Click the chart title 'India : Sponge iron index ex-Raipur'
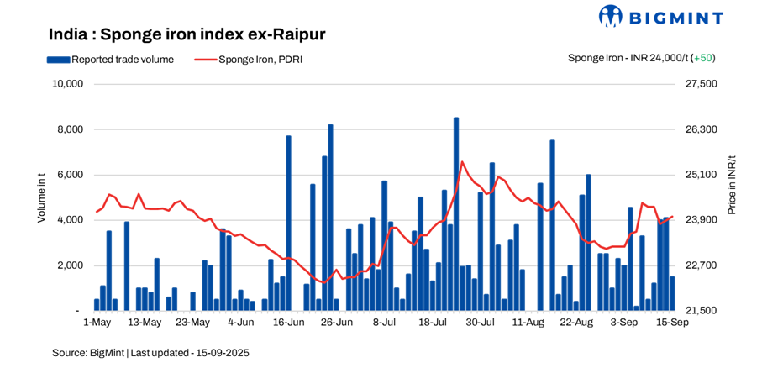(x=187, y=34)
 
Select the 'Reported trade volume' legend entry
(x=116, y=60)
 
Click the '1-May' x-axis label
(x=97, y=323)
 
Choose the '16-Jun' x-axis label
(x=289, y=323)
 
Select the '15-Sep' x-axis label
(x=672, y=323)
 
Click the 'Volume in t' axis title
(x=41, y=197)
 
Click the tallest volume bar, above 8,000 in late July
(x=456, y=214)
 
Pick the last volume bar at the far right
(x=672, y=293)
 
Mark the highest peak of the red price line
(x=461, y=161)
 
